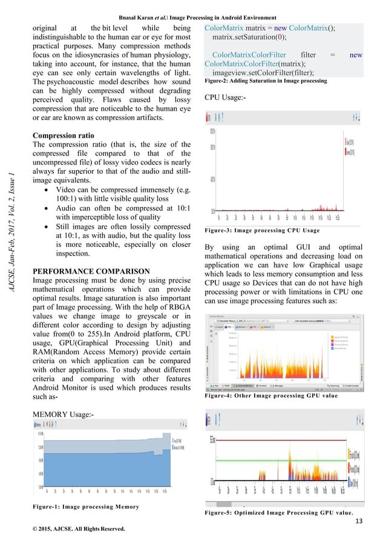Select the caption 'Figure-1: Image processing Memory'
click(86, 506)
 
